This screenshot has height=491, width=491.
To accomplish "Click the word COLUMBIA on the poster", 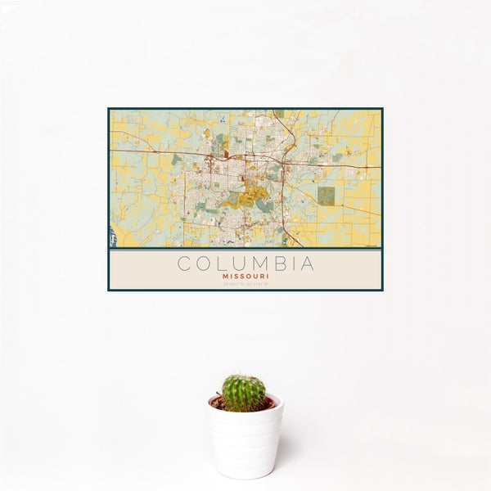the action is [x=245, y=264].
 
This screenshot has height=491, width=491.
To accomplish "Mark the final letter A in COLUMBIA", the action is [x=306, y=264].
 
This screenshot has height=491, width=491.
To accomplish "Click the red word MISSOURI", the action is [x=245, y=276].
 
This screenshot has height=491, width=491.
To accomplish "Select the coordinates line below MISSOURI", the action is [x=245, y=283].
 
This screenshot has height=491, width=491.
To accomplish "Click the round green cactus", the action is [x=243, y=393].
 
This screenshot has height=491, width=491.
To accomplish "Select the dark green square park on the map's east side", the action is [x=326, y=195].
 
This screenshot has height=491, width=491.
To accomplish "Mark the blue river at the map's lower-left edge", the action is [x=112, y=238].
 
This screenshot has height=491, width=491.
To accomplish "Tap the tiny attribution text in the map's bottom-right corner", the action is [x=372, y=245].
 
